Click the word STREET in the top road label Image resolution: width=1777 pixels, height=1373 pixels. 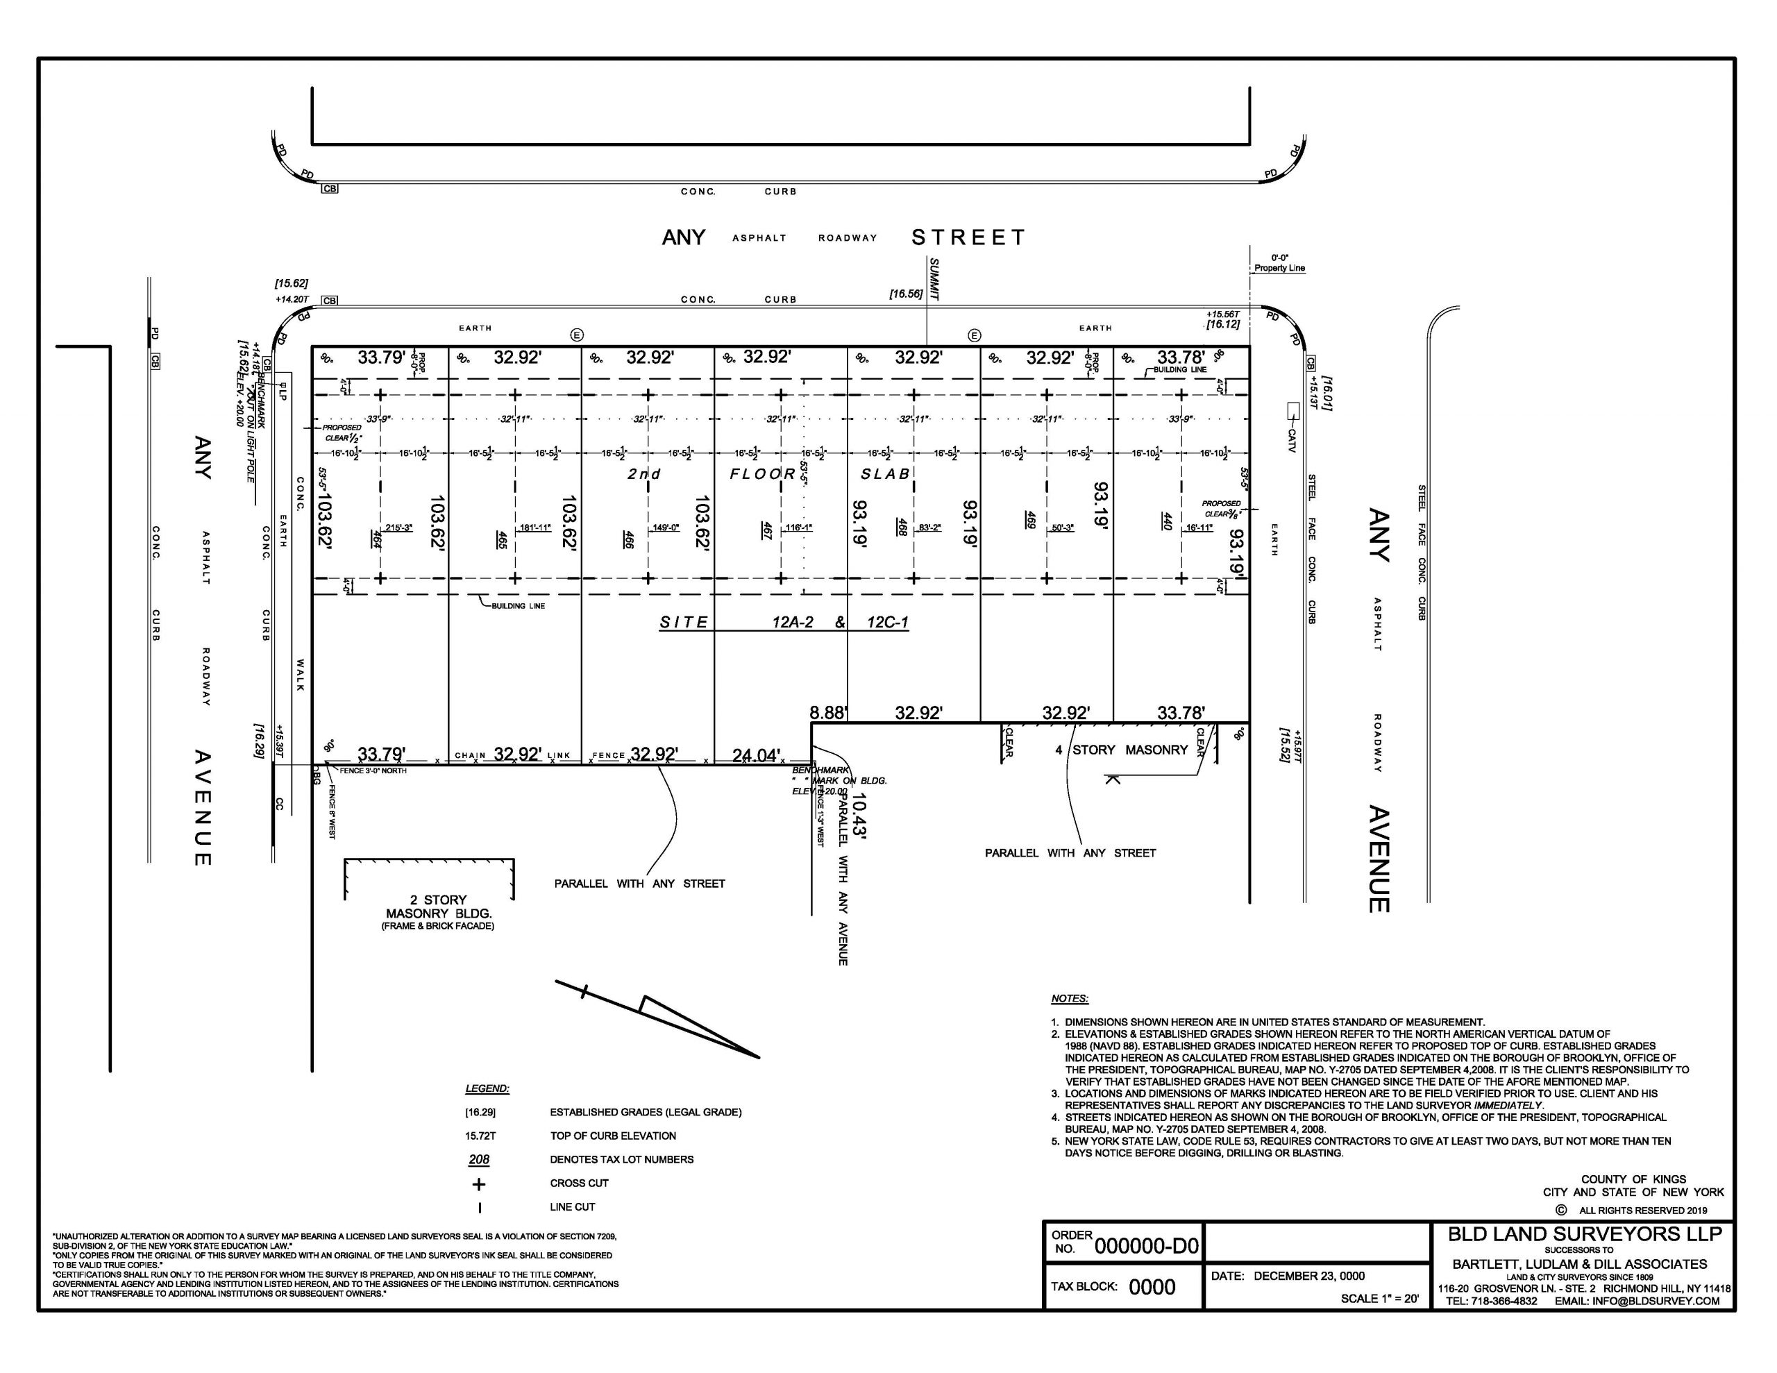[968, 237]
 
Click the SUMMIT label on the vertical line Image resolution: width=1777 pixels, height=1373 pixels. [934, 280]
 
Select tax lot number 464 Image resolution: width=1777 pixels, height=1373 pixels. [377, 538]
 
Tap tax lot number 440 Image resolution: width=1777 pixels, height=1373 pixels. [1166, 521]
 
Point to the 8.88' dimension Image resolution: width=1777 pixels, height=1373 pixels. [828, 713]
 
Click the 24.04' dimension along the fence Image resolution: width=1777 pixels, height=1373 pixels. [756, 755]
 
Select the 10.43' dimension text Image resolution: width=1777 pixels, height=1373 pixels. [860, 816]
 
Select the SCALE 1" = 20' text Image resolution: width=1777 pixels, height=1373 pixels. [1379, 1298]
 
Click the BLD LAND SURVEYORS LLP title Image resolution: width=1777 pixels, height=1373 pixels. [1583, 1235]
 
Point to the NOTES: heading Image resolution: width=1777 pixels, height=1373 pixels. [1069, 999]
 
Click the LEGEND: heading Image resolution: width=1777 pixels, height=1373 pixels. [487, 1088]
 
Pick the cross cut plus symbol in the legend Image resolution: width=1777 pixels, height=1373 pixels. [478, 1184]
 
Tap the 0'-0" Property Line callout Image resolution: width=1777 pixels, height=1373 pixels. [1279, 263]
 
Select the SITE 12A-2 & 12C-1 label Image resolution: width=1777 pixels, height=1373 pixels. [784, 623]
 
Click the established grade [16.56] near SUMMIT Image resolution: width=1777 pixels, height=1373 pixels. [906, 294]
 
